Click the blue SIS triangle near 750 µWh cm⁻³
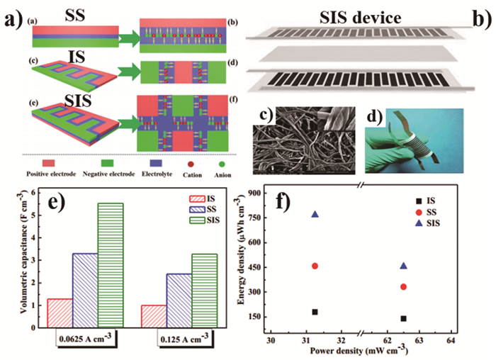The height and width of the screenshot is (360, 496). [315, 214]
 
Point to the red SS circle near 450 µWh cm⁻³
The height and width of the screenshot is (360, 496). [315, 266]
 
